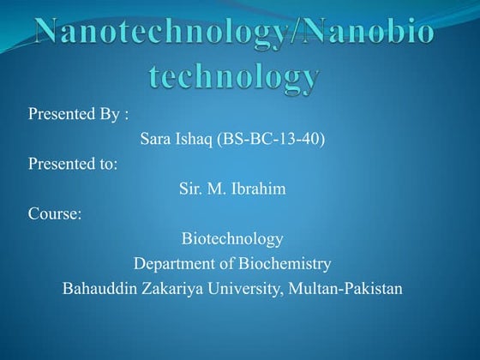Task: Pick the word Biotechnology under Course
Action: [x=232, y=238]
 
